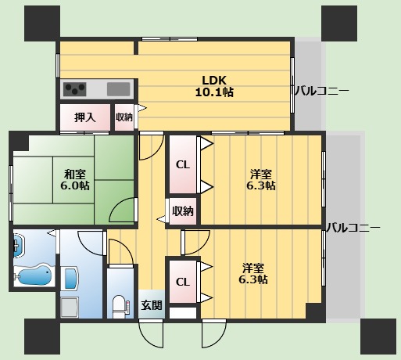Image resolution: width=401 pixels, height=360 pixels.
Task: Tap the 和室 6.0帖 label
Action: pyautogui.click(x=76, y=179)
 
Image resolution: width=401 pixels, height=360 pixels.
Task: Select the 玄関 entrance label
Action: pyautogui.click(x=152, y=305)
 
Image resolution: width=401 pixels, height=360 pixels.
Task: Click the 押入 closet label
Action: pyautogui.click(x=85, y=117)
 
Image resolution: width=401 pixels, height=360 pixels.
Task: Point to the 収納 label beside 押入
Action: pyautogui.click(x=124, y=117)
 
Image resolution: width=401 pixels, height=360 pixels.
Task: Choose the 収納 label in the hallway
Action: pyautogui.click(x=183, y=211)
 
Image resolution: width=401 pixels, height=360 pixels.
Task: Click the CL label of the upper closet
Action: pyautogui.click(x=182, y=164)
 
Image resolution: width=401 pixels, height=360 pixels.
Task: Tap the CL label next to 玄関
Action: pyautogui.click(x=182, y=282)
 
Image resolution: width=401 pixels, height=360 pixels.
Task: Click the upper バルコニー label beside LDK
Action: pyautogui.click(x=321, y=92)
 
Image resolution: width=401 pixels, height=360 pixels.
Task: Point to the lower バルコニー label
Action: pyautogui.click(x=353, y=228)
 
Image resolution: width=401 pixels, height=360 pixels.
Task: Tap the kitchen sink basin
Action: pyautogui.click(x=119, y=88)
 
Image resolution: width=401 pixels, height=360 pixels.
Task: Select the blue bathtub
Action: pyautogui.click(x=34, y=275)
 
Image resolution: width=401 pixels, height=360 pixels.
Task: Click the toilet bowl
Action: pyautogui.click(x=119, y=304)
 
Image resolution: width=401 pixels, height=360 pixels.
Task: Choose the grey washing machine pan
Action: pyautogui.click(x=70, y=307)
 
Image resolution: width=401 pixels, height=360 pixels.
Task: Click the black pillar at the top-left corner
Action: pyautogui.click(x=41, y=21)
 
